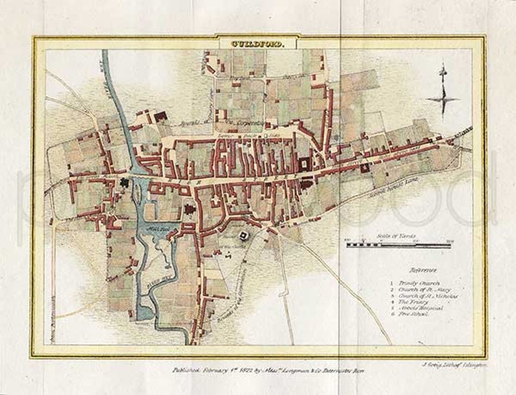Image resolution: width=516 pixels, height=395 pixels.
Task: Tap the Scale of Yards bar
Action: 398,245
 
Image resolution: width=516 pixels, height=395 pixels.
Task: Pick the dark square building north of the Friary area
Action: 160,115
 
